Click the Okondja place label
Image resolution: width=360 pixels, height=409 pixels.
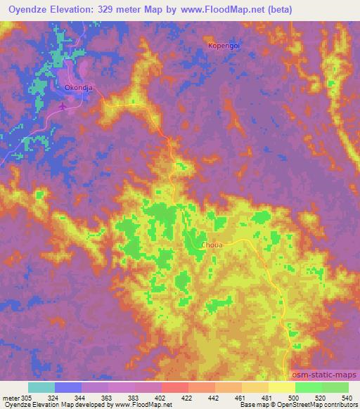76,89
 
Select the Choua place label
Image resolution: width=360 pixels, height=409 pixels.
212,246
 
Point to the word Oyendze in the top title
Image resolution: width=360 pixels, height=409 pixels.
36,10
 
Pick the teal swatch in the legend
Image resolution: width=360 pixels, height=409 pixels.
41,387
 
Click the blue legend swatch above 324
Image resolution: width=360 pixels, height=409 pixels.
68,387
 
